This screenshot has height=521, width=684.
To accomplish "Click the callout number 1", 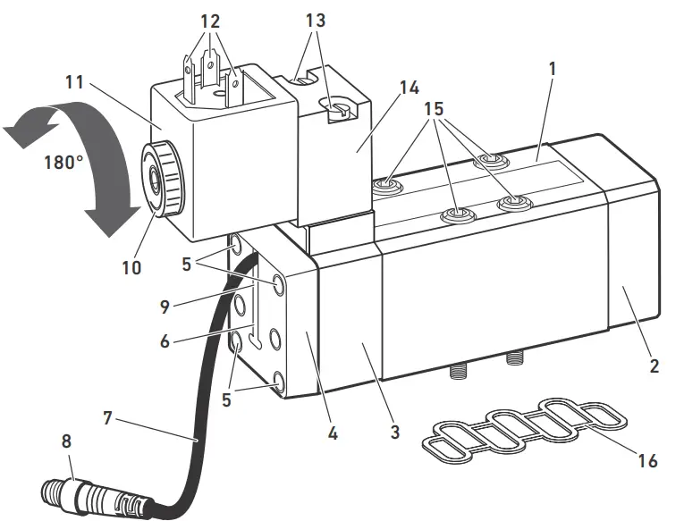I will click(x=553, y=69).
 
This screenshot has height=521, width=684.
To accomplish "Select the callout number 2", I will click(x=655, y=366).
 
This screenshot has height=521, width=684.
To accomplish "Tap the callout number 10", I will click(x=131, y=267).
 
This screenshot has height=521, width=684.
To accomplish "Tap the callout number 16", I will click(x=649, y=461).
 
